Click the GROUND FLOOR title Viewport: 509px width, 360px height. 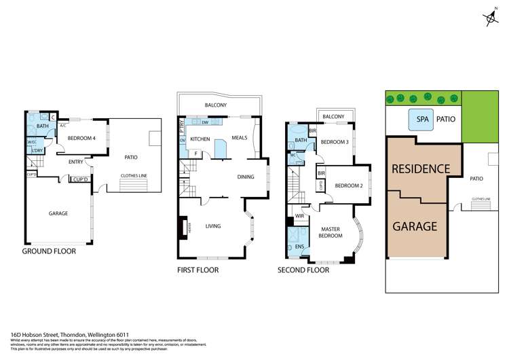coord(49,251)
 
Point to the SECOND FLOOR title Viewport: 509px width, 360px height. coord(303,270)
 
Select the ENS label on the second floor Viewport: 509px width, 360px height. coord(299,246)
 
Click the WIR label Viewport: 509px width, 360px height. coord(299,217)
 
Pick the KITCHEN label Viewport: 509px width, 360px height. coord(200,139)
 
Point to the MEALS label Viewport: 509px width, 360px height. coord(240,138)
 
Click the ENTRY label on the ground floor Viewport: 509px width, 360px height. coord(75,162)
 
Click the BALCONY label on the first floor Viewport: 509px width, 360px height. coord(216,105)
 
